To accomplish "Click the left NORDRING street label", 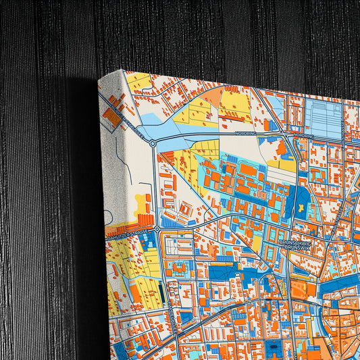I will [247, 133].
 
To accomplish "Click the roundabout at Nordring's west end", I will [153, 143].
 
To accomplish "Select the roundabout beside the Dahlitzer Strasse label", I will [157, 230].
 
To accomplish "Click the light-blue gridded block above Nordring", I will [322, 119].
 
